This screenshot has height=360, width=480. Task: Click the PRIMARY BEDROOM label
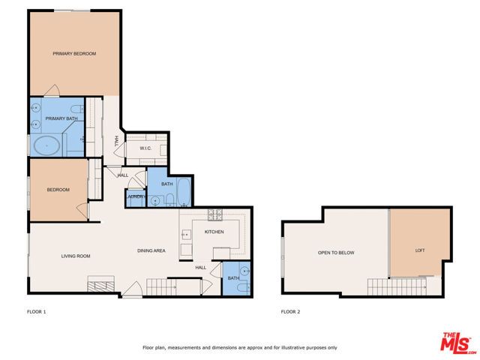(74, 53)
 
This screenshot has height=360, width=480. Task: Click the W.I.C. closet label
(146, 148)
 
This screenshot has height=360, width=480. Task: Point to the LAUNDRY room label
(136, 196)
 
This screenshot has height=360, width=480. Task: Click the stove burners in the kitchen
(215, 214)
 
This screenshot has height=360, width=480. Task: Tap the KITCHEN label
(214, 232)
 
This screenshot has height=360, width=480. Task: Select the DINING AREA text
(151, 250)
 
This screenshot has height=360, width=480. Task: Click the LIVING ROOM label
(75, 256)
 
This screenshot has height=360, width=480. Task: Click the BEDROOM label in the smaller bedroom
(58, 190)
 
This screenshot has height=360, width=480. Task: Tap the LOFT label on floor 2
(420, 250)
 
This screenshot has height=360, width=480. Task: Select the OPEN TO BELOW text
(335, 253)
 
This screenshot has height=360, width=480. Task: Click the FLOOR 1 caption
(37, 310)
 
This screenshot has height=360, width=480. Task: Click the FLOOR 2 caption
(290, 310)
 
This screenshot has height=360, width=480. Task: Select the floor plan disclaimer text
(240, 347)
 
